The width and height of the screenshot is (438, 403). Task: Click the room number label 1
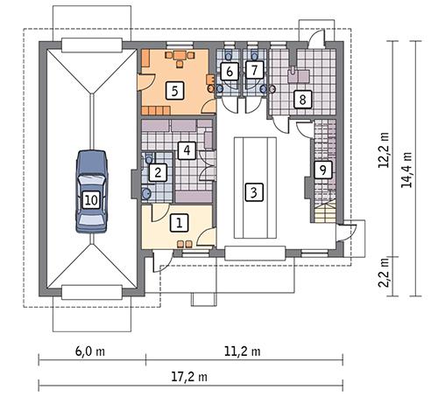coord(179,223)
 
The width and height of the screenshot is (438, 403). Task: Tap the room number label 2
coord(158,172)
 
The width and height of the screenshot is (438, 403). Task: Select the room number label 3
coord(254,191)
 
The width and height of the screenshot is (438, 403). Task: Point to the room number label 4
coord(186,149)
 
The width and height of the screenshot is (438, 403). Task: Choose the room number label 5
coord(174,89)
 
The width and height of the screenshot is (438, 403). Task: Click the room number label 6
coord(229,71)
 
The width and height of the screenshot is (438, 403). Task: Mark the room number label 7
coord(254,70)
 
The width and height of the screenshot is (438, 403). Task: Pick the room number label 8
coord(301,100)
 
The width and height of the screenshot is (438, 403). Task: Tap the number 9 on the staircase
coord(322,170)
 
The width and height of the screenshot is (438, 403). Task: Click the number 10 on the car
coord(90,199)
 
